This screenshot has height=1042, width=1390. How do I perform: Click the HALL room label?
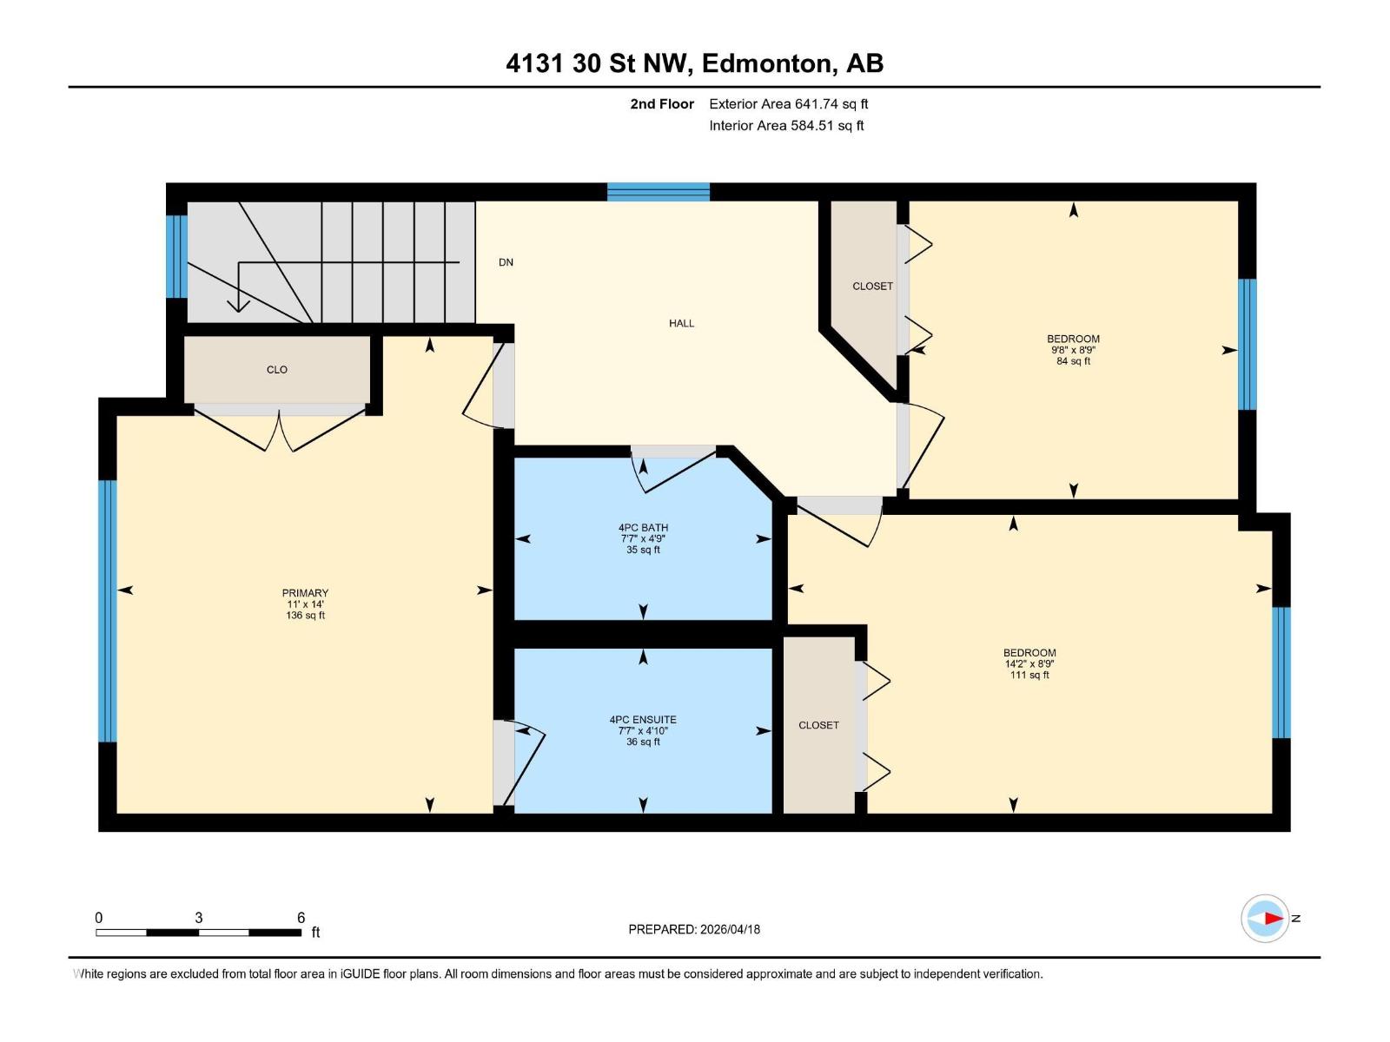[681, 323]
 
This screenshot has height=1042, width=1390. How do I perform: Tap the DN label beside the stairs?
[506, 262]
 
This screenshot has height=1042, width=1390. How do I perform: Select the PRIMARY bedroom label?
[305, 593]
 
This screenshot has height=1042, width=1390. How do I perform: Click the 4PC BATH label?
[643, 527]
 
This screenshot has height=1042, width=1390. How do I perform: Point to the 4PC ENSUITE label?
[643, 720]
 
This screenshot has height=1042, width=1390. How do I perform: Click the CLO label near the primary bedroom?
[277, 370]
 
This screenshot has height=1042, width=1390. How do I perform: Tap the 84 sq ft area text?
[1073, 361]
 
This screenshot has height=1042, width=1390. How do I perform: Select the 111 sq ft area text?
[1029, 675]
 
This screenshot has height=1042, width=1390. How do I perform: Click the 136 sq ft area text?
[305, 616]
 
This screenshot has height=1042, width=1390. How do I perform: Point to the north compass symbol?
[1265, 918]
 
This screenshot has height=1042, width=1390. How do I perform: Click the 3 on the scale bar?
[199, 918]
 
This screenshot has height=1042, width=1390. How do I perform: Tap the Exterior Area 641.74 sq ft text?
[788, 104]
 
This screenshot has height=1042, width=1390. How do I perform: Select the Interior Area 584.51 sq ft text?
[786, 126]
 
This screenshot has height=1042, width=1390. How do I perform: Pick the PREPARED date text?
[694, 929]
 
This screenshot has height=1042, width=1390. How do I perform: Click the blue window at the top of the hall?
[658, 192]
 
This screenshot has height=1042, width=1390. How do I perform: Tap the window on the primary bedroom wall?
[107, 610]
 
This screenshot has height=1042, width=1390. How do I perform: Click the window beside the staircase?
[176, 256]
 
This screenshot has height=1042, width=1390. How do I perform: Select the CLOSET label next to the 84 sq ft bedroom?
[872, 287]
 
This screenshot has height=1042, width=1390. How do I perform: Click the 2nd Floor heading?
[662, 104]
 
